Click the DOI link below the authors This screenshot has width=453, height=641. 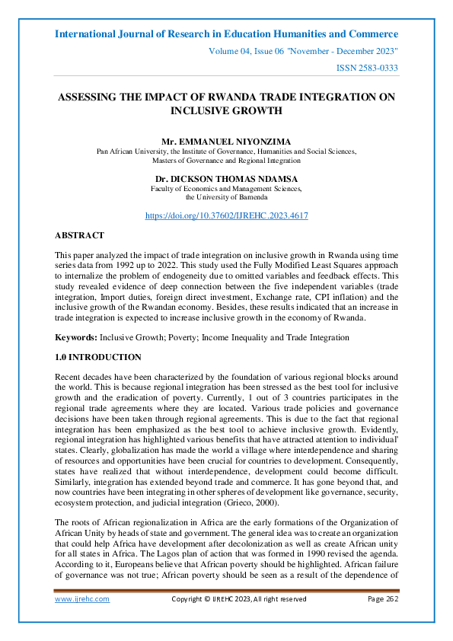[x=226, y=215]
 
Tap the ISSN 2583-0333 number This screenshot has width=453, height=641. [x=368, y=69]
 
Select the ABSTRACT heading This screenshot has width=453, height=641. [x=80, y=236]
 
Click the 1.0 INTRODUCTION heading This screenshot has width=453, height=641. [x=98, y=357]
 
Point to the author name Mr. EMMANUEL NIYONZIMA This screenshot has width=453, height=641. [x=226, y=142]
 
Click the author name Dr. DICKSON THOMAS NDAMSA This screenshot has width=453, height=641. [x=226, y=179]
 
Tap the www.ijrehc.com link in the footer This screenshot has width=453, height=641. [x=82, y=599]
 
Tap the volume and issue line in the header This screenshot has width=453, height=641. [x=302, y=51]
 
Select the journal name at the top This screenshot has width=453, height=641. [x=226, y=34]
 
